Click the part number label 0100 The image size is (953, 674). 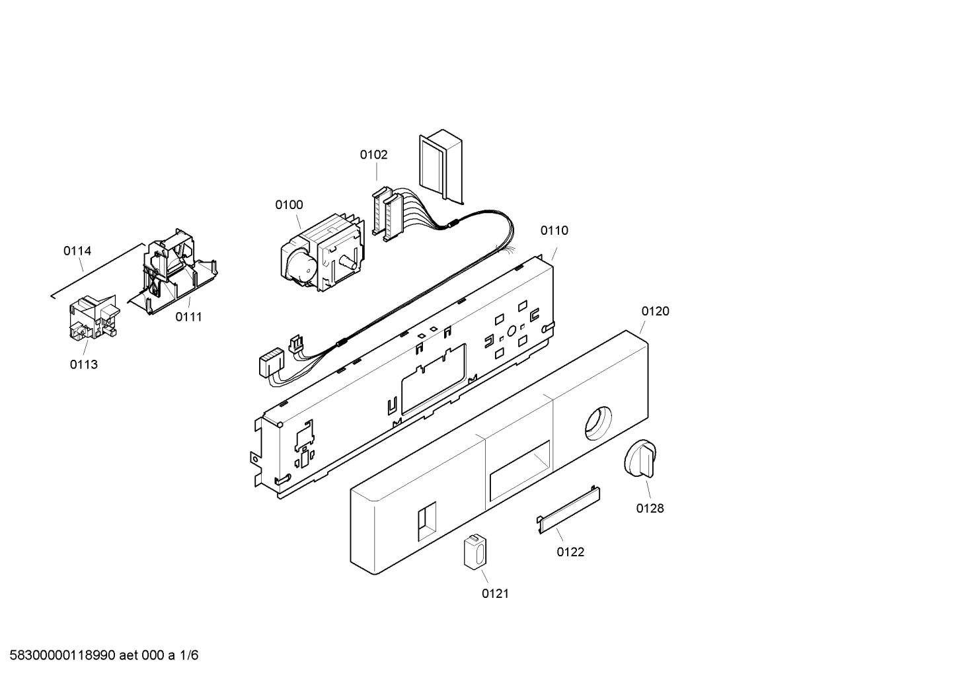pyautogui.click(x=289, y=205)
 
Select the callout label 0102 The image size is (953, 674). pyautogui.click(x=373, y=155)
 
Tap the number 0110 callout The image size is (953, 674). pyautogui.click(x=554, y=230)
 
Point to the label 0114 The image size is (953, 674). pyautogui.click(x=77, y=251)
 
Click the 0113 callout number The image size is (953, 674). pyautogui.click(x=83, y=364)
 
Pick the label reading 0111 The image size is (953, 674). pyautogui.click(x=188, y=317)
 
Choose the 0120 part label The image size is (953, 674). pyautogui.click(x=655, y=312)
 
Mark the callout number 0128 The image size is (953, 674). pyautogui.click(x=650, y=508)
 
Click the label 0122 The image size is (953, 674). pyautogui.click(x=570, y=552)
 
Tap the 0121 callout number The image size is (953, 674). pyautogui.click(x=495, y=593)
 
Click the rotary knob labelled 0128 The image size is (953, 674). pyautogui.click(x=640, y=458)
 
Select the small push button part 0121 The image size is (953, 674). pyautogui.click(x=475, y=551)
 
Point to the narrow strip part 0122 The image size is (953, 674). pyautogui.click(x=568, y=509)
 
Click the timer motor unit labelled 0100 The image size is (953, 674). pyautogui.click(x=323, y=253)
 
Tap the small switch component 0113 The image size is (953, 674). pyautogui.click(x=95, y=317)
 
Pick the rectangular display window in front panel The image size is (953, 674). pyautogui.click(x=519, y=471)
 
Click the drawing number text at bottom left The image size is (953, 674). pyautogui.click(x=104, y=655)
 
